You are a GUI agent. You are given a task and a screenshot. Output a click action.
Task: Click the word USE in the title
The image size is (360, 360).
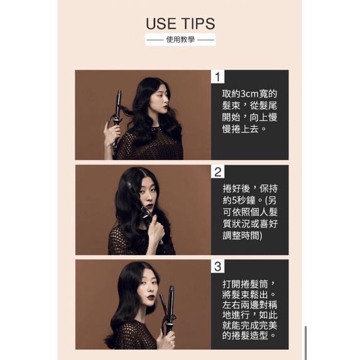pos(161,24)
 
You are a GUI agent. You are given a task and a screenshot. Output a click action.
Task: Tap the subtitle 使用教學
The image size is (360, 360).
pos(180,40)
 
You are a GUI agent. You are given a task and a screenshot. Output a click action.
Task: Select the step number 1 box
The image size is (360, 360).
pos(217,77)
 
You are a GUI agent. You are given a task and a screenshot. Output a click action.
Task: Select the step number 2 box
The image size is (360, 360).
pos(217,172)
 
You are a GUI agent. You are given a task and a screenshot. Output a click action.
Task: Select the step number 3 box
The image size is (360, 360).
pos(217,266)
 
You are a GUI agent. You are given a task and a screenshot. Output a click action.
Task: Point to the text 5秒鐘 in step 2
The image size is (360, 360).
pos(244,200)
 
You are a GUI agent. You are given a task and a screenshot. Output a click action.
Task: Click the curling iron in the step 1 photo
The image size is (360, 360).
pos(117,119)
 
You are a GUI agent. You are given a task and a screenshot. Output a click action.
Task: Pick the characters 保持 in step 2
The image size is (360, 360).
pos(269,188)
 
